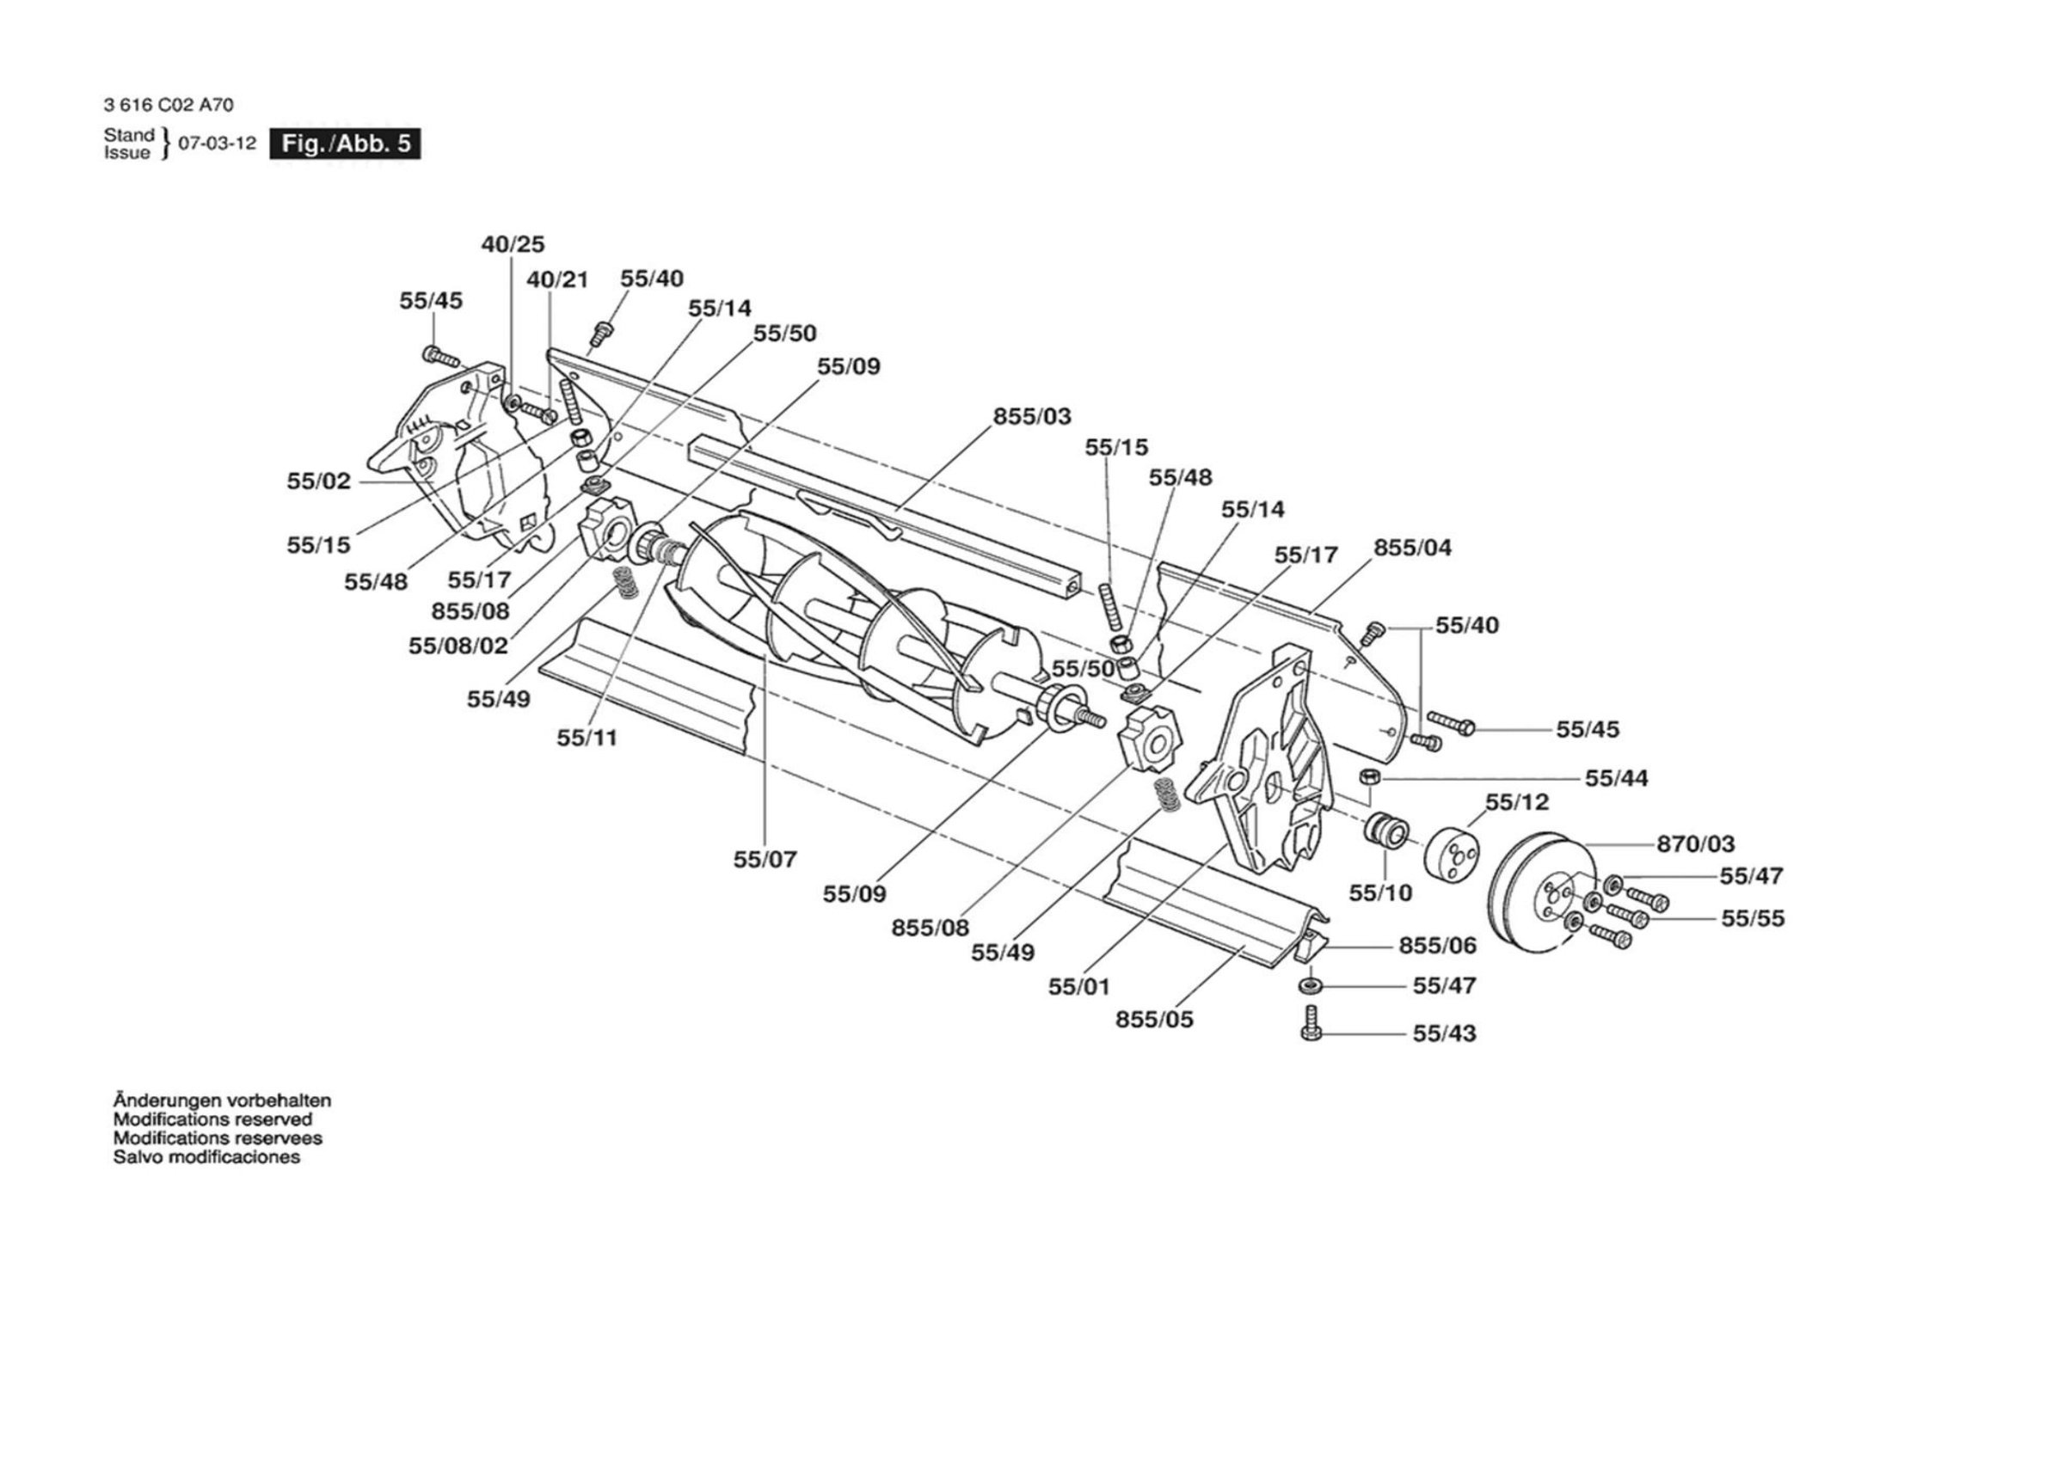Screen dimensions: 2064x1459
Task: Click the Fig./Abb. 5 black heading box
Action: tap(345, 144)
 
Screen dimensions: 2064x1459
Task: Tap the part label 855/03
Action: tap(1032, 416)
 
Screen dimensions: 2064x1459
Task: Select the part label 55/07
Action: tap(765, 860)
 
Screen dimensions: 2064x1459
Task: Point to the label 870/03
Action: tap(1695, 843)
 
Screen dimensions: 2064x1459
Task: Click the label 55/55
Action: tap(1753, 918)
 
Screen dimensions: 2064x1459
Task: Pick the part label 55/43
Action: tap(1445, 1033)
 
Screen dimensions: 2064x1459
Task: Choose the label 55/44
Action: tap(1617, 777)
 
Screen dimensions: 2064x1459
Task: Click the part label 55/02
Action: tap(319, 481)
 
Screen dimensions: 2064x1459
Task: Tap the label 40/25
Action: tap(513, 243)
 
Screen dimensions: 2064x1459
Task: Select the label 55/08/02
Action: tap(458, 646)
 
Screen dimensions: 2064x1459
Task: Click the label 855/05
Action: tap(1154, 1020)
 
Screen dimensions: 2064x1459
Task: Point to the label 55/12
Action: tap(1517, 802)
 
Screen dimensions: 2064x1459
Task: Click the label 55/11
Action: tap(587, 737)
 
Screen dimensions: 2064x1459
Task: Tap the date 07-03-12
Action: tap(218, 144)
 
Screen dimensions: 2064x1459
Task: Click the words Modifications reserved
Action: tap(212, 1119)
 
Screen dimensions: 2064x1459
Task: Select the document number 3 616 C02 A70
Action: tap(169, 105)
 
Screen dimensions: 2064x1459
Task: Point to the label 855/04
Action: tap(1412, 548)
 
